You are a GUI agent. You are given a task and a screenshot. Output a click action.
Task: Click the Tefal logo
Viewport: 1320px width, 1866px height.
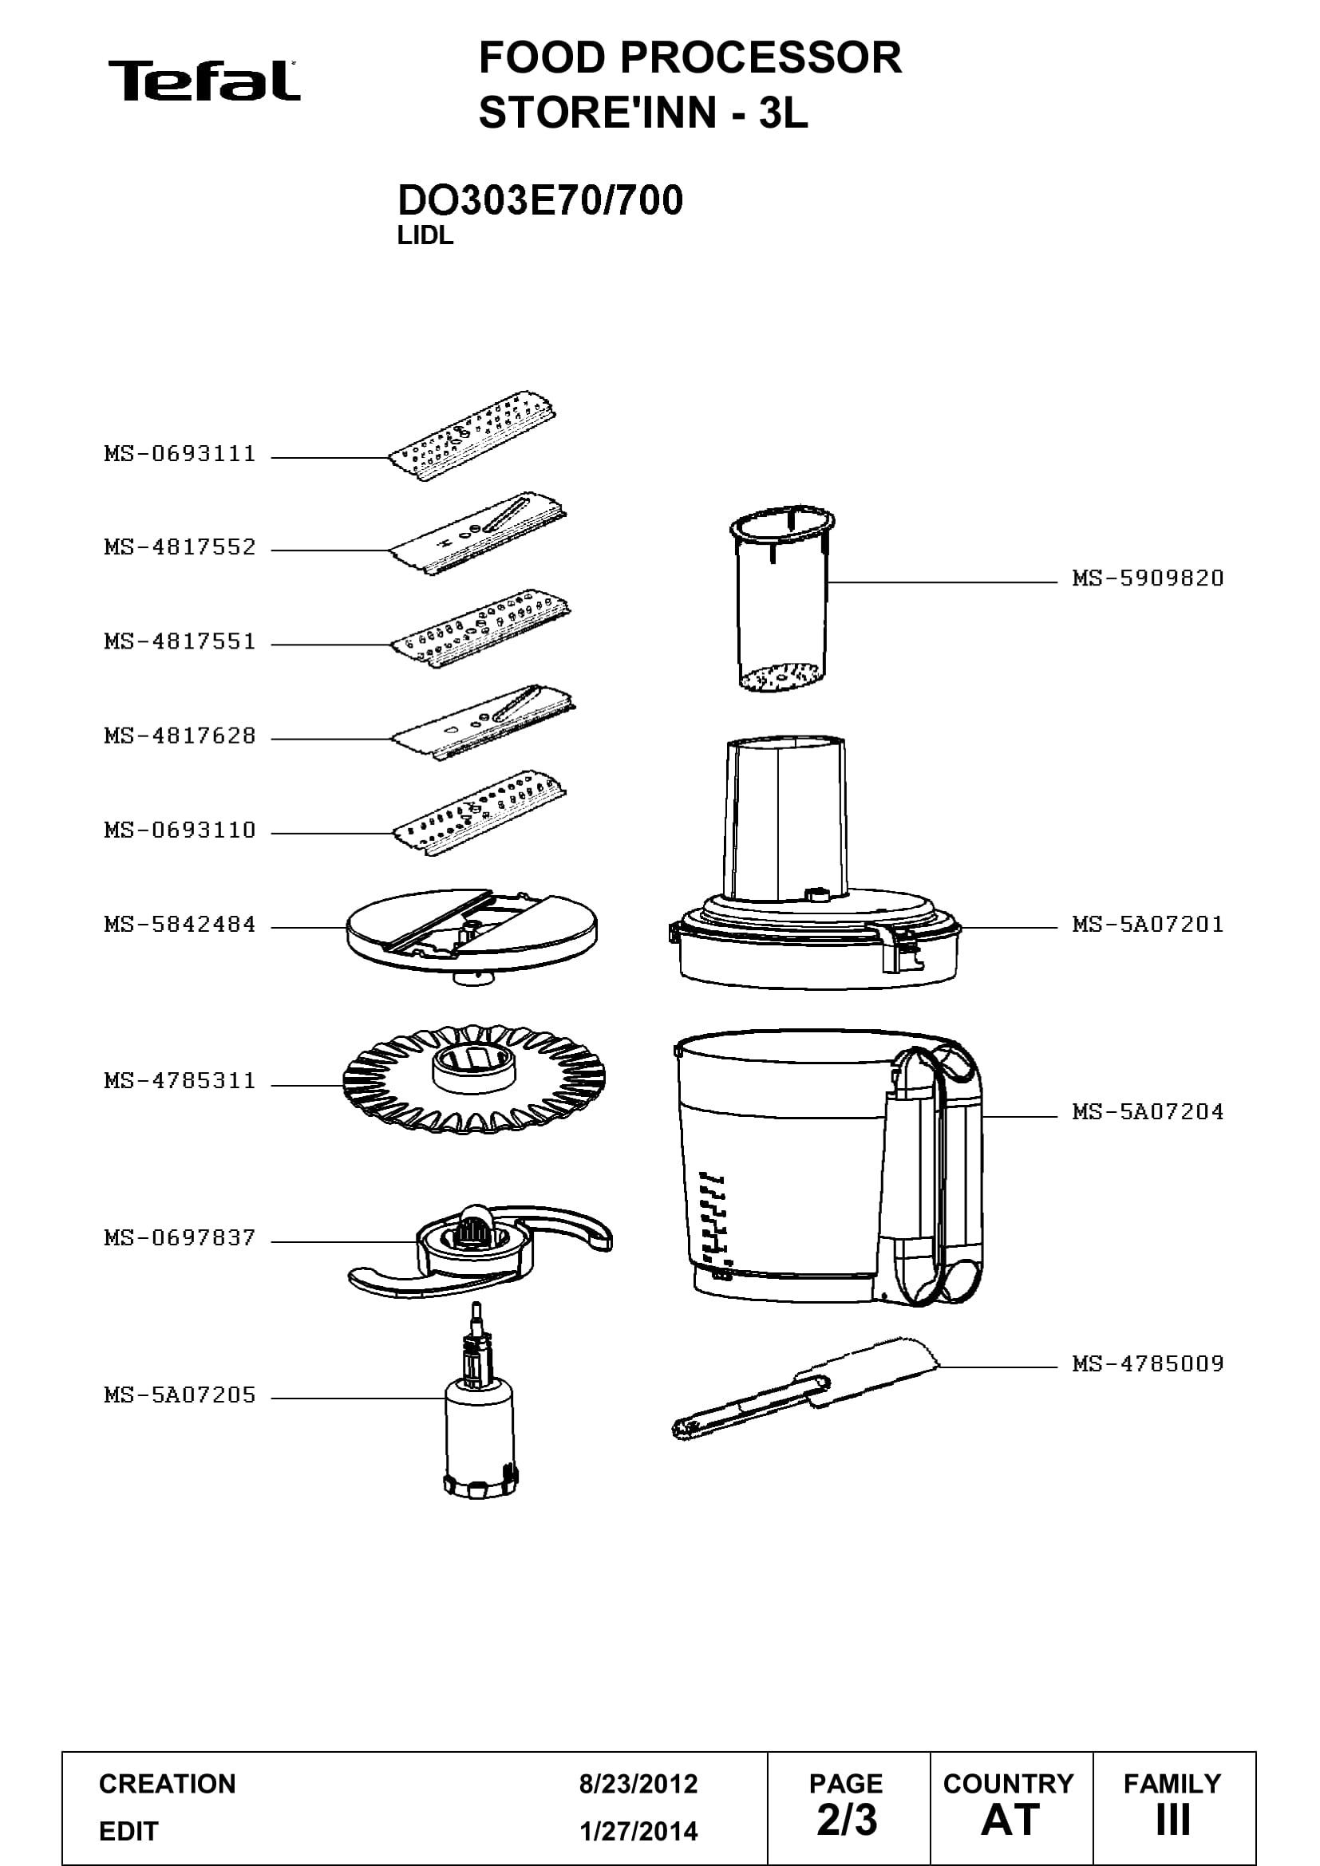point(204,81)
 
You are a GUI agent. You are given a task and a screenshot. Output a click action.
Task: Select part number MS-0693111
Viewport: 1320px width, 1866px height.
point(180,453)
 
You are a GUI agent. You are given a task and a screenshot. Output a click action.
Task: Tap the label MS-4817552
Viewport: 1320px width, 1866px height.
point(180,547)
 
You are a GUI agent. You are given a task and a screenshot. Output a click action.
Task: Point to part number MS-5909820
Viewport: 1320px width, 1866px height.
point(1148,578)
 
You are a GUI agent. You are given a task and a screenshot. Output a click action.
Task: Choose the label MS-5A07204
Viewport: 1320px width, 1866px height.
point(1148,1111)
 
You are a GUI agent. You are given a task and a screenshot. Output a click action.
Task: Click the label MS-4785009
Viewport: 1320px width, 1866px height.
point(1148,1363)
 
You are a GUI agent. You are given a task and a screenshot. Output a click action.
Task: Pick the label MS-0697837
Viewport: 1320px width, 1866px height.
point(180,1238)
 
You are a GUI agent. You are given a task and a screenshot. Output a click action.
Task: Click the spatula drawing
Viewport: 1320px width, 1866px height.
point(804,1388)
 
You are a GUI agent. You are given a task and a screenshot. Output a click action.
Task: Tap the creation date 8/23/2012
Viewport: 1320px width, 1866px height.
point(638,1784)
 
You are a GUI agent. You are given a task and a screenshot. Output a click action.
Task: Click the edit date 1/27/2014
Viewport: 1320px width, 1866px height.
point(638,1831)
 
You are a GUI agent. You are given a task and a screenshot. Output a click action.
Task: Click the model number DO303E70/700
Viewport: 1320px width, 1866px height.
point(539,200)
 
